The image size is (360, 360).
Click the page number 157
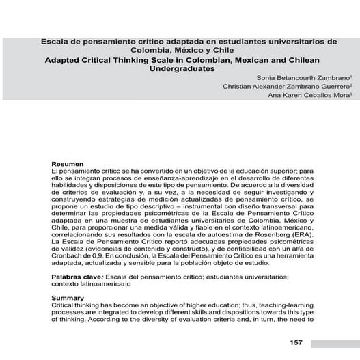296,342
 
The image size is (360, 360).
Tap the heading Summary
69,298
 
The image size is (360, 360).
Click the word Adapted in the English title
64,59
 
